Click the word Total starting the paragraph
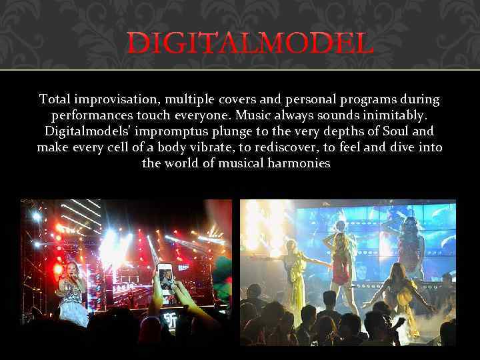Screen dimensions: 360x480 [x=56, y=99]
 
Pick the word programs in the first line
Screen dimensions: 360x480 [x=358, y=99]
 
